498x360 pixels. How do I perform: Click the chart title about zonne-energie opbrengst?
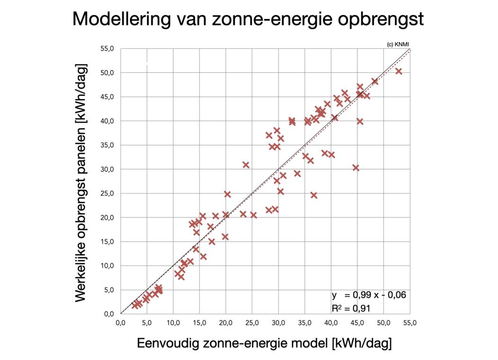(x=248, y=19)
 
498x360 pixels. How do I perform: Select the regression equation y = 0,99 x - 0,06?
(x=368, y=295)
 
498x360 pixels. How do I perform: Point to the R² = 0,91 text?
(x=351, y=308)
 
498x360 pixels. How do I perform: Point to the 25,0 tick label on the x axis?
(x=252, y=323)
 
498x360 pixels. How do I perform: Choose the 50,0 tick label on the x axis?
(x=383, y=323)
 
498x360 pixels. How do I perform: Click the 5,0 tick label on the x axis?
(x=147, y=323)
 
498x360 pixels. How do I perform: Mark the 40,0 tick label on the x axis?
(x=331, y=323)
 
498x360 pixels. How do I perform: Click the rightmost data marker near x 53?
(x=399, y=71)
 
